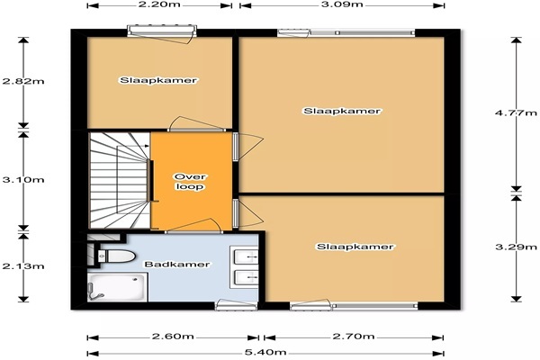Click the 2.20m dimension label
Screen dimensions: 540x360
tap(159, 4)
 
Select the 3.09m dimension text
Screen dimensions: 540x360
tap(342, 4)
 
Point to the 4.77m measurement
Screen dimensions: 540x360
tap(516, 112)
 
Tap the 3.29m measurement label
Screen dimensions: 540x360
tap(516, 247)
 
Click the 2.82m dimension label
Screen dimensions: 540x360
tap(23, 81)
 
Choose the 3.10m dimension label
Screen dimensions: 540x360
tap(23, 179)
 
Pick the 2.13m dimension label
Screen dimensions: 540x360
tap(23, 266)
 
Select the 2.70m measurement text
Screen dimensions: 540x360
tap(354, 337)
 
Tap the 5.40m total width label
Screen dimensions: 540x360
tap(265, 353)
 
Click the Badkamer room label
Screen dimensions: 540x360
tap(177, 265)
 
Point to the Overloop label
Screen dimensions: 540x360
tap(190, 182)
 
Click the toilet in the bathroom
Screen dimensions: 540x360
tap(116, 256)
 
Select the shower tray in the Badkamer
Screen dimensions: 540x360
tap(117, 287)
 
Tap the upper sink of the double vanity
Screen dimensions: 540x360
tap(246, 257)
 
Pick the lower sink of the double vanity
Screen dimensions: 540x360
tap(246, 278)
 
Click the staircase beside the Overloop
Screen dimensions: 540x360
tap(120, 180)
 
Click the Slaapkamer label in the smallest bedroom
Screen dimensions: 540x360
tap(158, 81)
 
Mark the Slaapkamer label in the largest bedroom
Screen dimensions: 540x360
tap(342, 111)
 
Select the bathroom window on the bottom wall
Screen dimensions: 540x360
tap(236, 306)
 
